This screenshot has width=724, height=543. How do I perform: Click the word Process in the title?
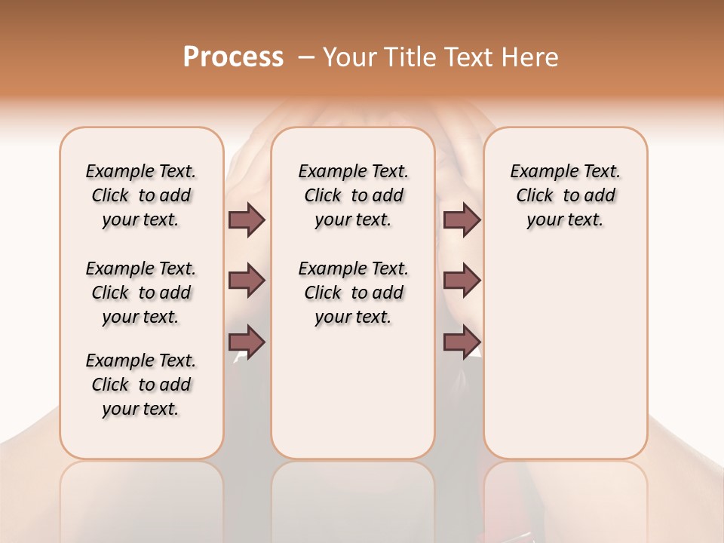tap(233, 57)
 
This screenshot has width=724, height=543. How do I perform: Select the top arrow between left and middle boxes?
tap(247, 219)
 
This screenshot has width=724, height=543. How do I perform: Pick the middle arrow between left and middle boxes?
tap(247, 281)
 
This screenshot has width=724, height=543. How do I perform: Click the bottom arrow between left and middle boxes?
tap(247, 342)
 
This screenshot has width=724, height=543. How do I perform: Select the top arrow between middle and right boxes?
tap(462, 219)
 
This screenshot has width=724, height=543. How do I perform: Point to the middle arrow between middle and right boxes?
tap(462, 281)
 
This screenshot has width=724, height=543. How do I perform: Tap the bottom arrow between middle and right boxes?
tap(462, 342)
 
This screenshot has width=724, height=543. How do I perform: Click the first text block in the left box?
tap(141, 195)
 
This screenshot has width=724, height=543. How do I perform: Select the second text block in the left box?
tap(141, 293)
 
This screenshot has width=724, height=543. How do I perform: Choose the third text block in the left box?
tap(141, 385)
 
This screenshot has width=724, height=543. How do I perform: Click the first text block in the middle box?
tap(353, 195)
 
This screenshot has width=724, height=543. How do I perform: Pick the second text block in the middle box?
tap(353, 293)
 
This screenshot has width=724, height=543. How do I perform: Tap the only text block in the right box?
tap(566, 195)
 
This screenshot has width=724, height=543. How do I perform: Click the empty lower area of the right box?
tap(566, 354)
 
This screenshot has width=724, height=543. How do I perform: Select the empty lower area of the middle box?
tap(353, 392)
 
